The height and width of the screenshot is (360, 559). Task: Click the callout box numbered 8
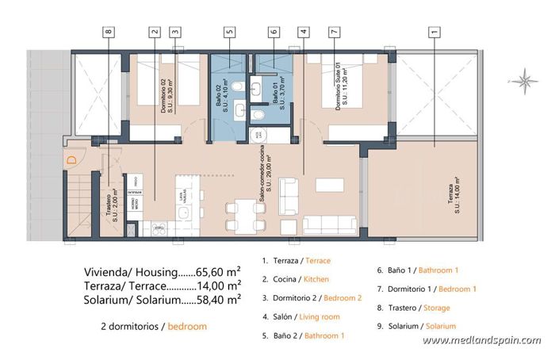tap(109, 33)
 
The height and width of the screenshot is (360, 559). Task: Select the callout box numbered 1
tap(433, 33)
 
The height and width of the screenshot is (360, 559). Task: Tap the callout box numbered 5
tap(229, 33)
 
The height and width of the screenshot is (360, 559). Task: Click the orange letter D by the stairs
tap(71, 161)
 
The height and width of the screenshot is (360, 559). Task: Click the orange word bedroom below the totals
tap(186, 326)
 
